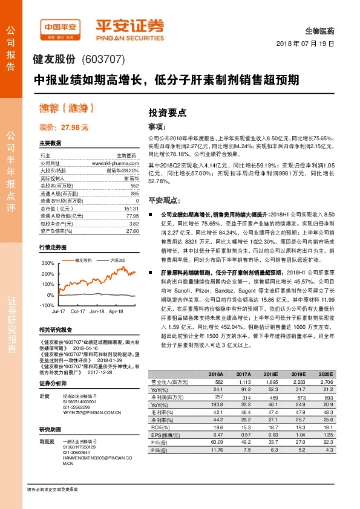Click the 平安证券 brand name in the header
pos(129,25)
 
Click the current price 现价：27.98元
pos(64,128)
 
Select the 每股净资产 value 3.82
pos(134,223)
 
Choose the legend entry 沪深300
pos(117,259)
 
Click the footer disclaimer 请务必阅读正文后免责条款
pos(53,488)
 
